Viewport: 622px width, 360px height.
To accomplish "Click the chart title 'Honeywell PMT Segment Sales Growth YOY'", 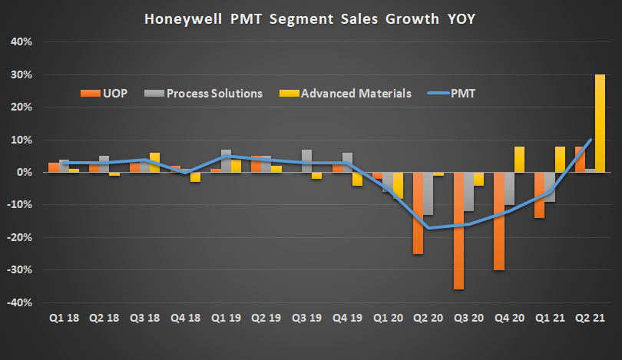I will point(310,18).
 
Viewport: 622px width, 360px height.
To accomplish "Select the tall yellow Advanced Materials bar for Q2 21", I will point(600,123).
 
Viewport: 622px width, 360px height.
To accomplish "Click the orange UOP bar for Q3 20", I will point(458,230).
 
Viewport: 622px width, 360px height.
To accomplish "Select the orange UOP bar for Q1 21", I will point(540,195).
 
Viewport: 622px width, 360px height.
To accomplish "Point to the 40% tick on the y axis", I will point(20,42).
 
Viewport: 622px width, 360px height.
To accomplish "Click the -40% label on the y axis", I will point(18,302).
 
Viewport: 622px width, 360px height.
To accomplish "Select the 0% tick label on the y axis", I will point(22,173).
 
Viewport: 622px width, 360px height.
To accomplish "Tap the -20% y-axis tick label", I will point(18,238).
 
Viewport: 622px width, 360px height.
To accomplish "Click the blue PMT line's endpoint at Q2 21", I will point(589,140).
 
